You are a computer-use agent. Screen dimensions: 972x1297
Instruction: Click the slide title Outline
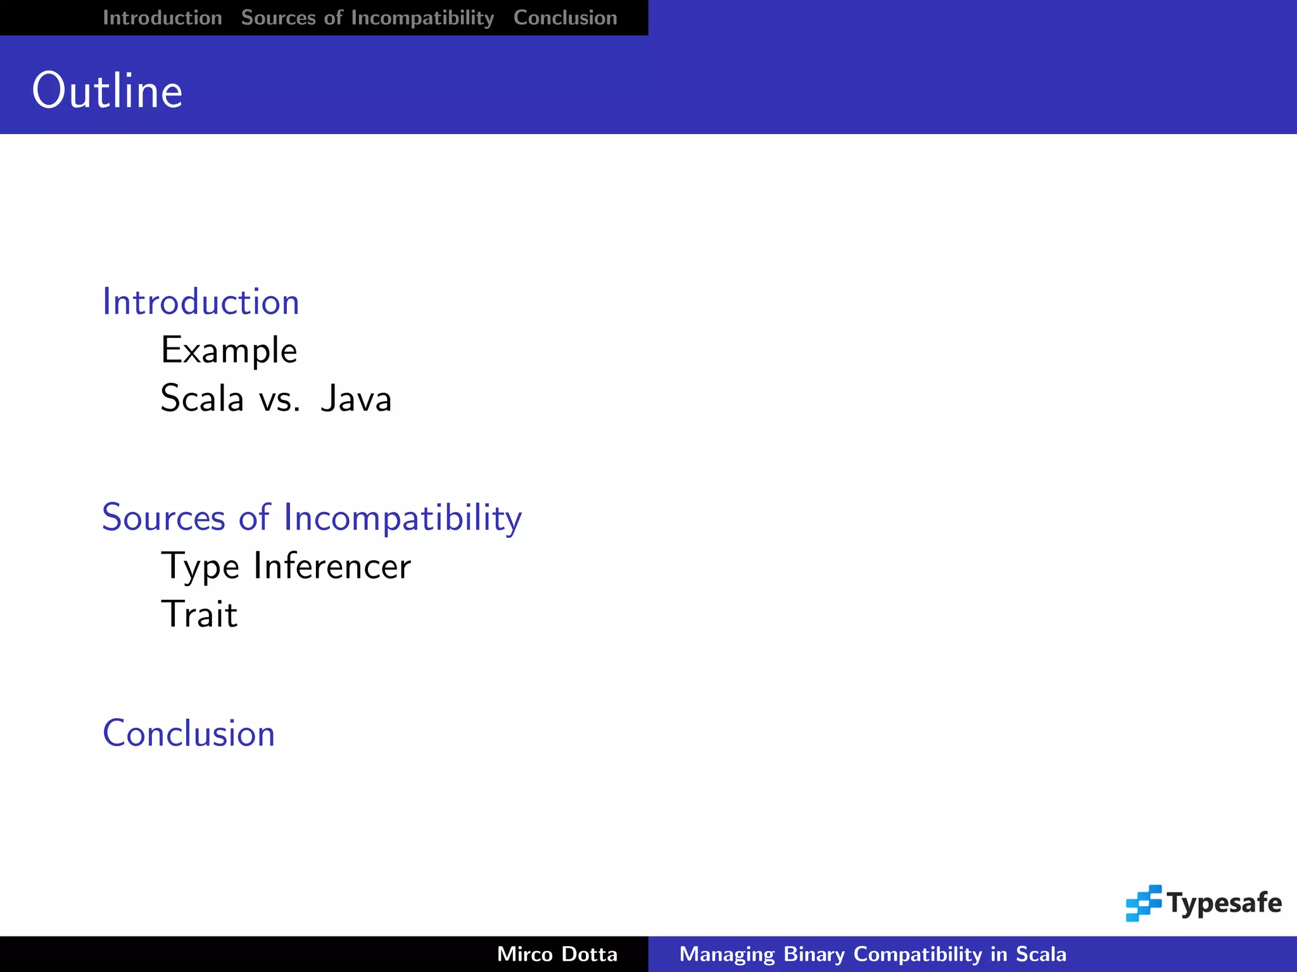[x=107, y=91]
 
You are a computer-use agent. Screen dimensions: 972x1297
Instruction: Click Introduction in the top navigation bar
[x=162, y=18]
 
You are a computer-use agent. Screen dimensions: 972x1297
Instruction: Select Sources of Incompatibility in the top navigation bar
[x=367, y=18]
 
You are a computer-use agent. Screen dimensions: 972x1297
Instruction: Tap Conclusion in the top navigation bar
[x=565, y=18]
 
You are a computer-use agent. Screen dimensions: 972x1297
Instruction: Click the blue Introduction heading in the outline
[x=201, y=302]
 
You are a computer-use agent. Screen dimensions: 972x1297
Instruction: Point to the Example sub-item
[x=229, y=351]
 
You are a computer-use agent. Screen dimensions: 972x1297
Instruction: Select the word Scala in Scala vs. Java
[x=202, y=399]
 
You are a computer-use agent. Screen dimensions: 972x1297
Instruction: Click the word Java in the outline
[x=356, y=399]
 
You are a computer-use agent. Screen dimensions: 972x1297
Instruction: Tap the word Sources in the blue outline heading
[x=163, y=518]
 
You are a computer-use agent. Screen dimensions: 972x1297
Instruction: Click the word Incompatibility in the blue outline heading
[x=403, y=518]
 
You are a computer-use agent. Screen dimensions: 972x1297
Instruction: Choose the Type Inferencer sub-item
[x=286, y=566]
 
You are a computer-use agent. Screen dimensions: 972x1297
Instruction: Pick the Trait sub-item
[x=199, y=614]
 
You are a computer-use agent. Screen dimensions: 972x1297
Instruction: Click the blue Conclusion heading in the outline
[x=189, y=733]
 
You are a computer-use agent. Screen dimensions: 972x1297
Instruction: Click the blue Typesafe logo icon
[x=1143, y=903]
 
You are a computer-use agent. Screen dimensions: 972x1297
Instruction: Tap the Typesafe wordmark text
[x=1224, y=903]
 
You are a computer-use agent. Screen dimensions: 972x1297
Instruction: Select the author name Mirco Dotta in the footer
[x=557, y=954]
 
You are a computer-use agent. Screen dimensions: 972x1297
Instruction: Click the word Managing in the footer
[x=726, y=954]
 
